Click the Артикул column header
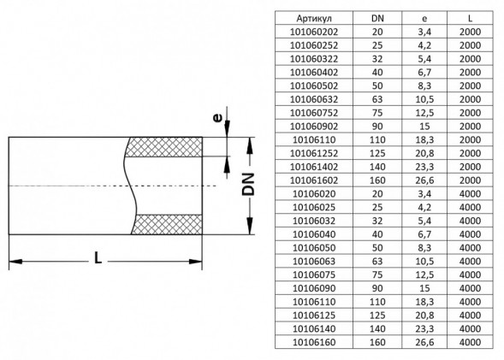tap(314, 18)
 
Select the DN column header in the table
tap(377, 18)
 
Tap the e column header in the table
tap(424, 19)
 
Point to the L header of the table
tap(470, 18)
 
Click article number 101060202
tap(314, 32)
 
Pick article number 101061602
tap(314, 180)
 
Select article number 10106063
tap(314, 261)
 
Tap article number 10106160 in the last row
tap(314, 342)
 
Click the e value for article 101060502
tap(424, 86)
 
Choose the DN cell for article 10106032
tap(377, 221)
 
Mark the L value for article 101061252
tap(470, 153)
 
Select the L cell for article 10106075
tap(470, 274)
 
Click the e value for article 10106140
tap(424, 328)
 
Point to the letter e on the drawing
tap(217, 118)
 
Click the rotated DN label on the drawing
tap(248, 185)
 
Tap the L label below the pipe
tap(98, 258)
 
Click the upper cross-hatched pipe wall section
tap(163, 147)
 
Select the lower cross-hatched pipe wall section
tap(167, 225)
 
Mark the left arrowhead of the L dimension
tap(15, 262)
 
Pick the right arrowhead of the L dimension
tap(195, 262)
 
